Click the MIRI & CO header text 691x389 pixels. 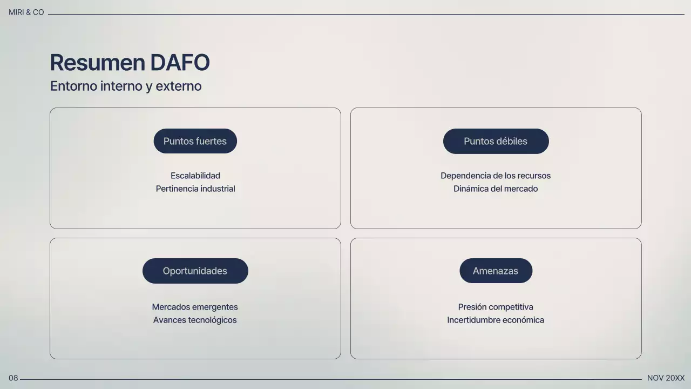click(x=26, y=12)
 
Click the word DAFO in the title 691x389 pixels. click(x=180, y=63)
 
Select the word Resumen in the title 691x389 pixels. click(x=98, y=63)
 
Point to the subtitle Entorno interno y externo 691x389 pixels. click(x=126, y=86)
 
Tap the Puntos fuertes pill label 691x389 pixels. click(x=195, y=141)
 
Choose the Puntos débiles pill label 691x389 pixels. click(x=496, y=141)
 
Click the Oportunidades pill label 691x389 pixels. click(x=195, y=271)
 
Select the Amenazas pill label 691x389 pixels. click(x=496, y=271)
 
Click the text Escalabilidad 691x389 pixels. click(x=195, y=176)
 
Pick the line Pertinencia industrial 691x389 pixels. click(x=195, y=189)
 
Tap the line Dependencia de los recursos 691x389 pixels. click(x=496, y=176)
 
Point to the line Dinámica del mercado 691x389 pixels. click(x=496, y=189)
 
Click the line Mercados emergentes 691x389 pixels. click(x=195, y=307)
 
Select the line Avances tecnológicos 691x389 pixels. click(x=195, y=320)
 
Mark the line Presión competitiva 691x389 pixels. click(x=496, y=307)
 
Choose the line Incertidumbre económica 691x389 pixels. click(x=496, y=320)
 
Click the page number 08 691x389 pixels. click(x=13, y=378)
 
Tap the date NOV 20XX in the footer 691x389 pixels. click(x=666, y=378)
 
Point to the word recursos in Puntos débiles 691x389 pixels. click(x=533, y=176)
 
